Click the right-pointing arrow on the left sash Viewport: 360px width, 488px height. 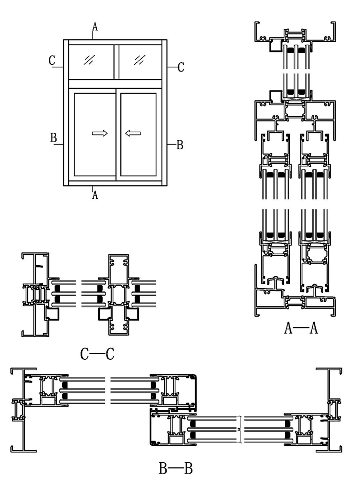pos(99,133)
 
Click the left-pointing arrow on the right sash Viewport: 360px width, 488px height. pos(133,133)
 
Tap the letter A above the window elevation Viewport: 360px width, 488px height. pos(95,26)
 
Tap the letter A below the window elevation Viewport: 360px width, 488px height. pos(95,195)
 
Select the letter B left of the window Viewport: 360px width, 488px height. pos(53,138)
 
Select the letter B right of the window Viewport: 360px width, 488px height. pos(179,145)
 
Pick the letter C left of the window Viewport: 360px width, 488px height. pos(52,60)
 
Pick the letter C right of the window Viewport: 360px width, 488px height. pos(181,67)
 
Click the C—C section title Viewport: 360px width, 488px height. pos(97,354)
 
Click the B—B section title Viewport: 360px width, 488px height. pos(175,468)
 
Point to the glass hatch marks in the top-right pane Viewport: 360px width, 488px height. pos(139,60)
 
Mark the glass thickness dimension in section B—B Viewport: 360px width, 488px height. pos(240,429)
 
